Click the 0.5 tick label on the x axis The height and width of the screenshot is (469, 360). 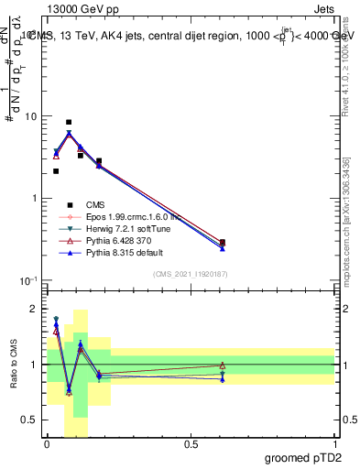(191, 443)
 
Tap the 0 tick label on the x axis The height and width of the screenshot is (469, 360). (47, 443)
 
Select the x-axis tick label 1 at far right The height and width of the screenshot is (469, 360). (334, 443)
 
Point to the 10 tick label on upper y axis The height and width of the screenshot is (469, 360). (30, 117)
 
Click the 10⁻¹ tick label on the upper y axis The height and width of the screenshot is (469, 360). (27, 280)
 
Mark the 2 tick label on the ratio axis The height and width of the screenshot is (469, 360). (35, 309)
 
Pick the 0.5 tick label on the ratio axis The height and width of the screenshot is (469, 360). (30, 420)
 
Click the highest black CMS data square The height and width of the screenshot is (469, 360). (69, 122)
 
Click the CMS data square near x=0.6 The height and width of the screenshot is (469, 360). (223, 243)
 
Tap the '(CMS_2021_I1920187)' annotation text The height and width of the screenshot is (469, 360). (191, 273)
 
